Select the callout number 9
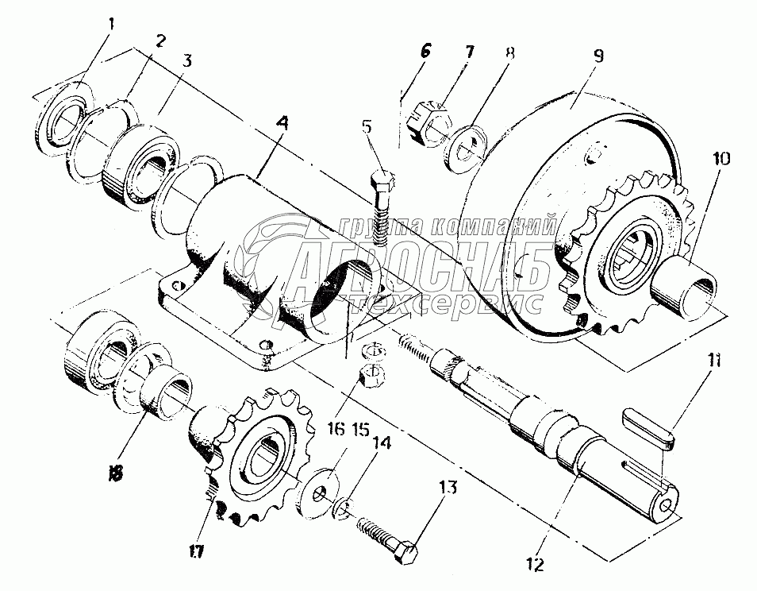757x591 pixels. (x=598, y=56)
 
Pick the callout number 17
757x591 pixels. (x=195, y=551)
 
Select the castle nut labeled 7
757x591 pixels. (x=429, y=121)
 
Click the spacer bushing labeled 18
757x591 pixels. (x=165, y=392)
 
